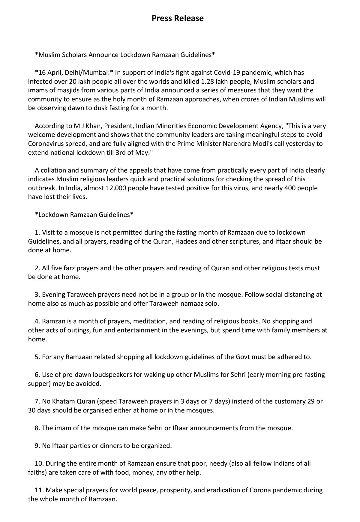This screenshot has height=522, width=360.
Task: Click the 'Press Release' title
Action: click(x=178, y=18)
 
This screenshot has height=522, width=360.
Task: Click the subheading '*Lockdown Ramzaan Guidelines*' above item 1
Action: click(x=84, y=215)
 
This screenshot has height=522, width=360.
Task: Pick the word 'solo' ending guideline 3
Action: click(x=212, y=304)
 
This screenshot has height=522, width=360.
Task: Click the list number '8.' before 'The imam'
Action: click(x=37, y=428)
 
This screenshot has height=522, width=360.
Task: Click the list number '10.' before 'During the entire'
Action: click(x=39, y=463)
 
